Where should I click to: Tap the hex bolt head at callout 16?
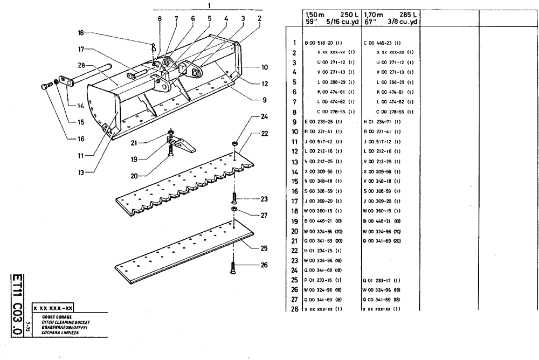[x=43, y=86]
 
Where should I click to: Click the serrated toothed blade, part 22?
[x=178, y=186]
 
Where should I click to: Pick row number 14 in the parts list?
[x=294, y=171]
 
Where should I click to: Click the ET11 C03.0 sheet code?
[x=17, y=304]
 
